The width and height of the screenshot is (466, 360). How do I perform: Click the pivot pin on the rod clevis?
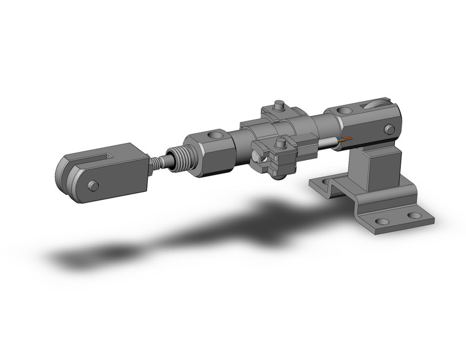pos(93,185)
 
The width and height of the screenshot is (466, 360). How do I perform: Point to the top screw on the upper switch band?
pos(279,105)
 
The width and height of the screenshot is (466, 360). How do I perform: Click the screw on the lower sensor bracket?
pos(281,145)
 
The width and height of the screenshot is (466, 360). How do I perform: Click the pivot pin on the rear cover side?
pos(389,129)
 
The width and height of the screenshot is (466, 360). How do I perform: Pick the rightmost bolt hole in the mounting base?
pos(415,216)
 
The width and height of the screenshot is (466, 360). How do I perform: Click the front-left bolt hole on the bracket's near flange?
pos(383,221)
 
